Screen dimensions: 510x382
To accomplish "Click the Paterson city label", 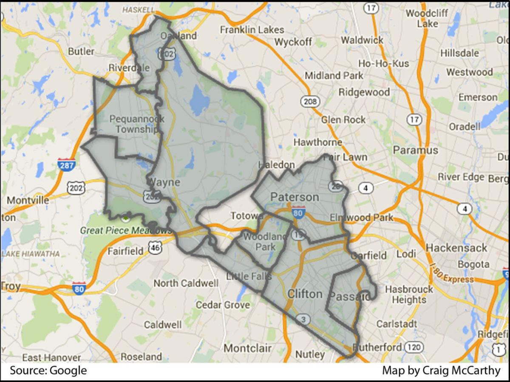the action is (x=295, y=197).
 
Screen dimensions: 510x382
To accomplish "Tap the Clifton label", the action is (x=305, y=294).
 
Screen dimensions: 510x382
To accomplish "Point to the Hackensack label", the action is (x=456, y=248).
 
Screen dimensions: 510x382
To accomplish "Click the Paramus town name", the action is (x=415, y=150).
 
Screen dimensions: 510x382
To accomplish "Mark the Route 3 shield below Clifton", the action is (x=303, y=320).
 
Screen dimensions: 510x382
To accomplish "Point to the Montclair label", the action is (x=247, y=348).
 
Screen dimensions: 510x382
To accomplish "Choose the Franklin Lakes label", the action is (x=252, y=29).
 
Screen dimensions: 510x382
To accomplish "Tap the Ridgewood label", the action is (x=364, y=92).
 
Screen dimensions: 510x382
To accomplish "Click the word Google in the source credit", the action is (x=68, y=371).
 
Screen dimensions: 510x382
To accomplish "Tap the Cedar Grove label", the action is (x=223, y=305).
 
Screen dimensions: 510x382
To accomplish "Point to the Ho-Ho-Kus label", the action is (x=384, y=63).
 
